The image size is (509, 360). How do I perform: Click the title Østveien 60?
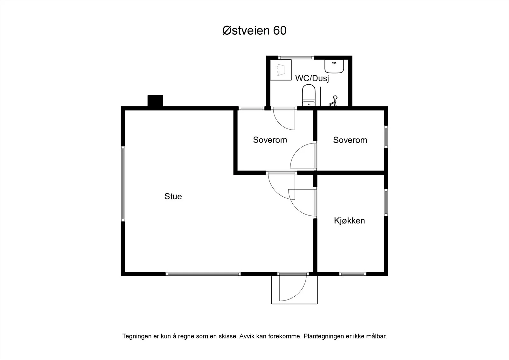coord(254,31)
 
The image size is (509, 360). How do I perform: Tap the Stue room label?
coord(173,196)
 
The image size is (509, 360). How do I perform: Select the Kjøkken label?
coord(349,220)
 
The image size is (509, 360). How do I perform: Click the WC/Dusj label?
coord(312,78)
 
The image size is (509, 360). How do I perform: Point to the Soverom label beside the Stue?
coord(270,140)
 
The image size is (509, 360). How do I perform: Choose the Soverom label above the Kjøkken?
coord(350,140)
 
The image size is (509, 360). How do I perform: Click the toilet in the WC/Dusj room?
coord(309,95)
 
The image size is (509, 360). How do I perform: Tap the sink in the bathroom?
coord(334,67)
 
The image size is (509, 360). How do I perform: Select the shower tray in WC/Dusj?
coord(281,70)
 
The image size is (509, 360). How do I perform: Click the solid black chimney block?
coord(155,101)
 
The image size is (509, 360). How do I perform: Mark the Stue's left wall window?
coord(123,184)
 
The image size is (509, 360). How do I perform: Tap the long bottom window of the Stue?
coord(203,274)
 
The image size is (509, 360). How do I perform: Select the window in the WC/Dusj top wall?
coord(296,58)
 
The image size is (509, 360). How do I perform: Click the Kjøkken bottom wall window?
coord(353,274)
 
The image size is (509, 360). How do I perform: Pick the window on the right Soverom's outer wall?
coord(386,137)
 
